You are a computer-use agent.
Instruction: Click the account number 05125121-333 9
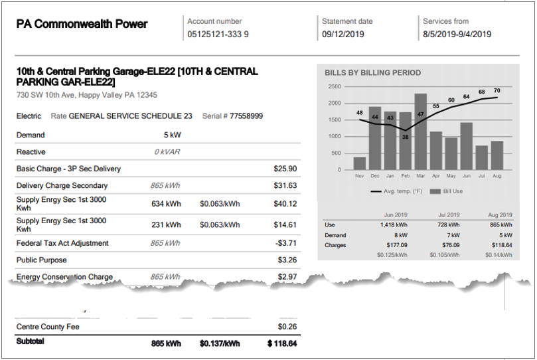click(x=218, y=35)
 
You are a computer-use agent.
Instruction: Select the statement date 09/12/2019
click(x=344, y=35)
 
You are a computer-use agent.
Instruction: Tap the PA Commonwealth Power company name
click(x=82, y=25)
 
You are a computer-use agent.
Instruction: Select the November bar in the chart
click(x=360, y=163)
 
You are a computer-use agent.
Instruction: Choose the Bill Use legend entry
click(x=449, y=191)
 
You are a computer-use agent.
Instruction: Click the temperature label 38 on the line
click(x=405, y=137)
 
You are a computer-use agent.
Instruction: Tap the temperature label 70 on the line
click(x=497, y=91)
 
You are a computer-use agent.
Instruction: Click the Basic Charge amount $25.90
click(x=285, y=169)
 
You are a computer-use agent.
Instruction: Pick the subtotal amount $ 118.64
click(x=282, y=343)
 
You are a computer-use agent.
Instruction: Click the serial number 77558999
click(x=246, y=116)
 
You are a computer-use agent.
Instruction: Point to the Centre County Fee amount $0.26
click(x=287, y=327)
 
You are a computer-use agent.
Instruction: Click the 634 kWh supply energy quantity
click(x=166, y=204)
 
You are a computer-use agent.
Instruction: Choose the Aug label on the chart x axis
click(x=497, y=176)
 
